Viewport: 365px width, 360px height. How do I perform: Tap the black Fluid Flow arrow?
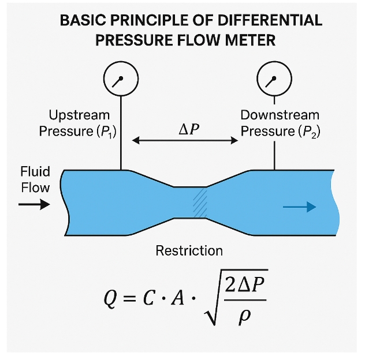(x=34, y=204)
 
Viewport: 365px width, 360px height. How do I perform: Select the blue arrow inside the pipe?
(x=300, y=207)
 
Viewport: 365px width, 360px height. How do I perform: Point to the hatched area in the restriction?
(x=200, y=202)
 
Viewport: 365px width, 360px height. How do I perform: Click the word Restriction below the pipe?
(x=189, y=251)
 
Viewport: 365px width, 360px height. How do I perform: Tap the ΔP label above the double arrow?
(x=189, y=129)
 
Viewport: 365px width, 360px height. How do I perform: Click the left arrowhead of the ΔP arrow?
(x=136, y=140)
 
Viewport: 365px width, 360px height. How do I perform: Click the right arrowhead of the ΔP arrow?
(x=234, y=140)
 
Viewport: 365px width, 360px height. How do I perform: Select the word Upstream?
(x=79, y=115)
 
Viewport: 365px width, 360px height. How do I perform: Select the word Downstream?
(x=280, y=115)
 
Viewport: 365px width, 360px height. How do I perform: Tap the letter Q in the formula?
(x=110, y=298)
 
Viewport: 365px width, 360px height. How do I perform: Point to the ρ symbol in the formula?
(x=245, y=317)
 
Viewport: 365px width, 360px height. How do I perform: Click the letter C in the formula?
(x=148, y=298)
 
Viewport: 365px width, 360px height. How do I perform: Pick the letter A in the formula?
(x=178, y=298)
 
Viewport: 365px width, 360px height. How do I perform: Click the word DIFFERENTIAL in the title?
(x=270, y=20)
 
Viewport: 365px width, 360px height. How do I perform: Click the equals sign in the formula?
(x=129, y=298)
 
